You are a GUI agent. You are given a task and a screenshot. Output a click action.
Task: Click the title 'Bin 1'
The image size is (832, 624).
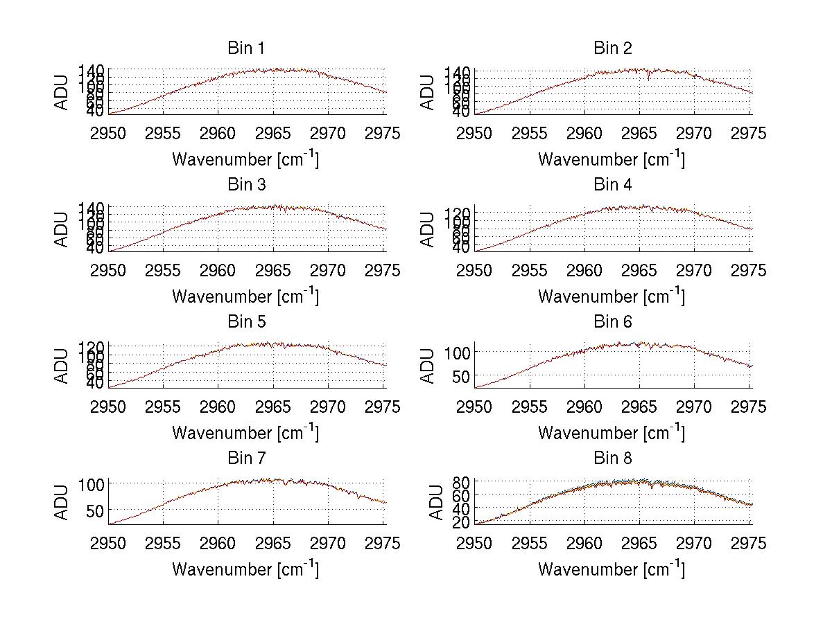click(x=245, y=48)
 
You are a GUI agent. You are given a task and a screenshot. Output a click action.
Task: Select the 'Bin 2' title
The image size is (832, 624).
click(x=612, y=48)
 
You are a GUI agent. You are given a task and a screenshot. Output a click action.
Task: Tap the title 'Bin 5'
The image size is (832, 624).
click(x=245, y=322)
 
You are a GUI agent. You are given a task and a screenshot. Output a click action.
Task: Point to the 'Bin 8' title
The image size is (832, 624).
click(x=612, y=458)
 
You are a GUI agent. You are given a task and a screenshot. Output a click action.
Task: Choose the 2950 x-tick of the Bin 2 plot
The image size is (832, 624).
click(x=475, y=134)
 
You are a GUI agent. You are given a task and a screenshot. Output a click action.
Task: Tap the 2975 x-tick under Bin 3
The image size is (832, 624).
click(x=382, y=271)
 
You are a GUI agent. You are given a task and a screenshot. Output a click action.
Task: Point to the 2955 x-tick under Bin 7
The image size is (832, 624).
click(x=164, y=544)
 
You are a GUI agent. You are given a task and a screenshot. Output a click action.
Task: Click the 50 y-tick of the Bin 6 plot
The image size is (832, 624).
click(x=459, y=376)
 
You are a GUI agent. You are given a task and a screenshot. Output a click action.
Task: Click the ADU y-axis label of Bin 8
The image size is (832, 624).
click(x=437, y=502)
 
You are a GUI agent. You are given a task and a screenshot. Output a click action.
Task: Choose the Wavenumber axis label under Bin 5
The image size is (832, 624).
click(x=245, y=433)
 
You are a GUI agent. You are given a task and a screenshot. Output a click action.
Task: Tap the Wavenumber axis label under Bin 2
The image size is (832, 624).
click(x=612, y=159)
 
